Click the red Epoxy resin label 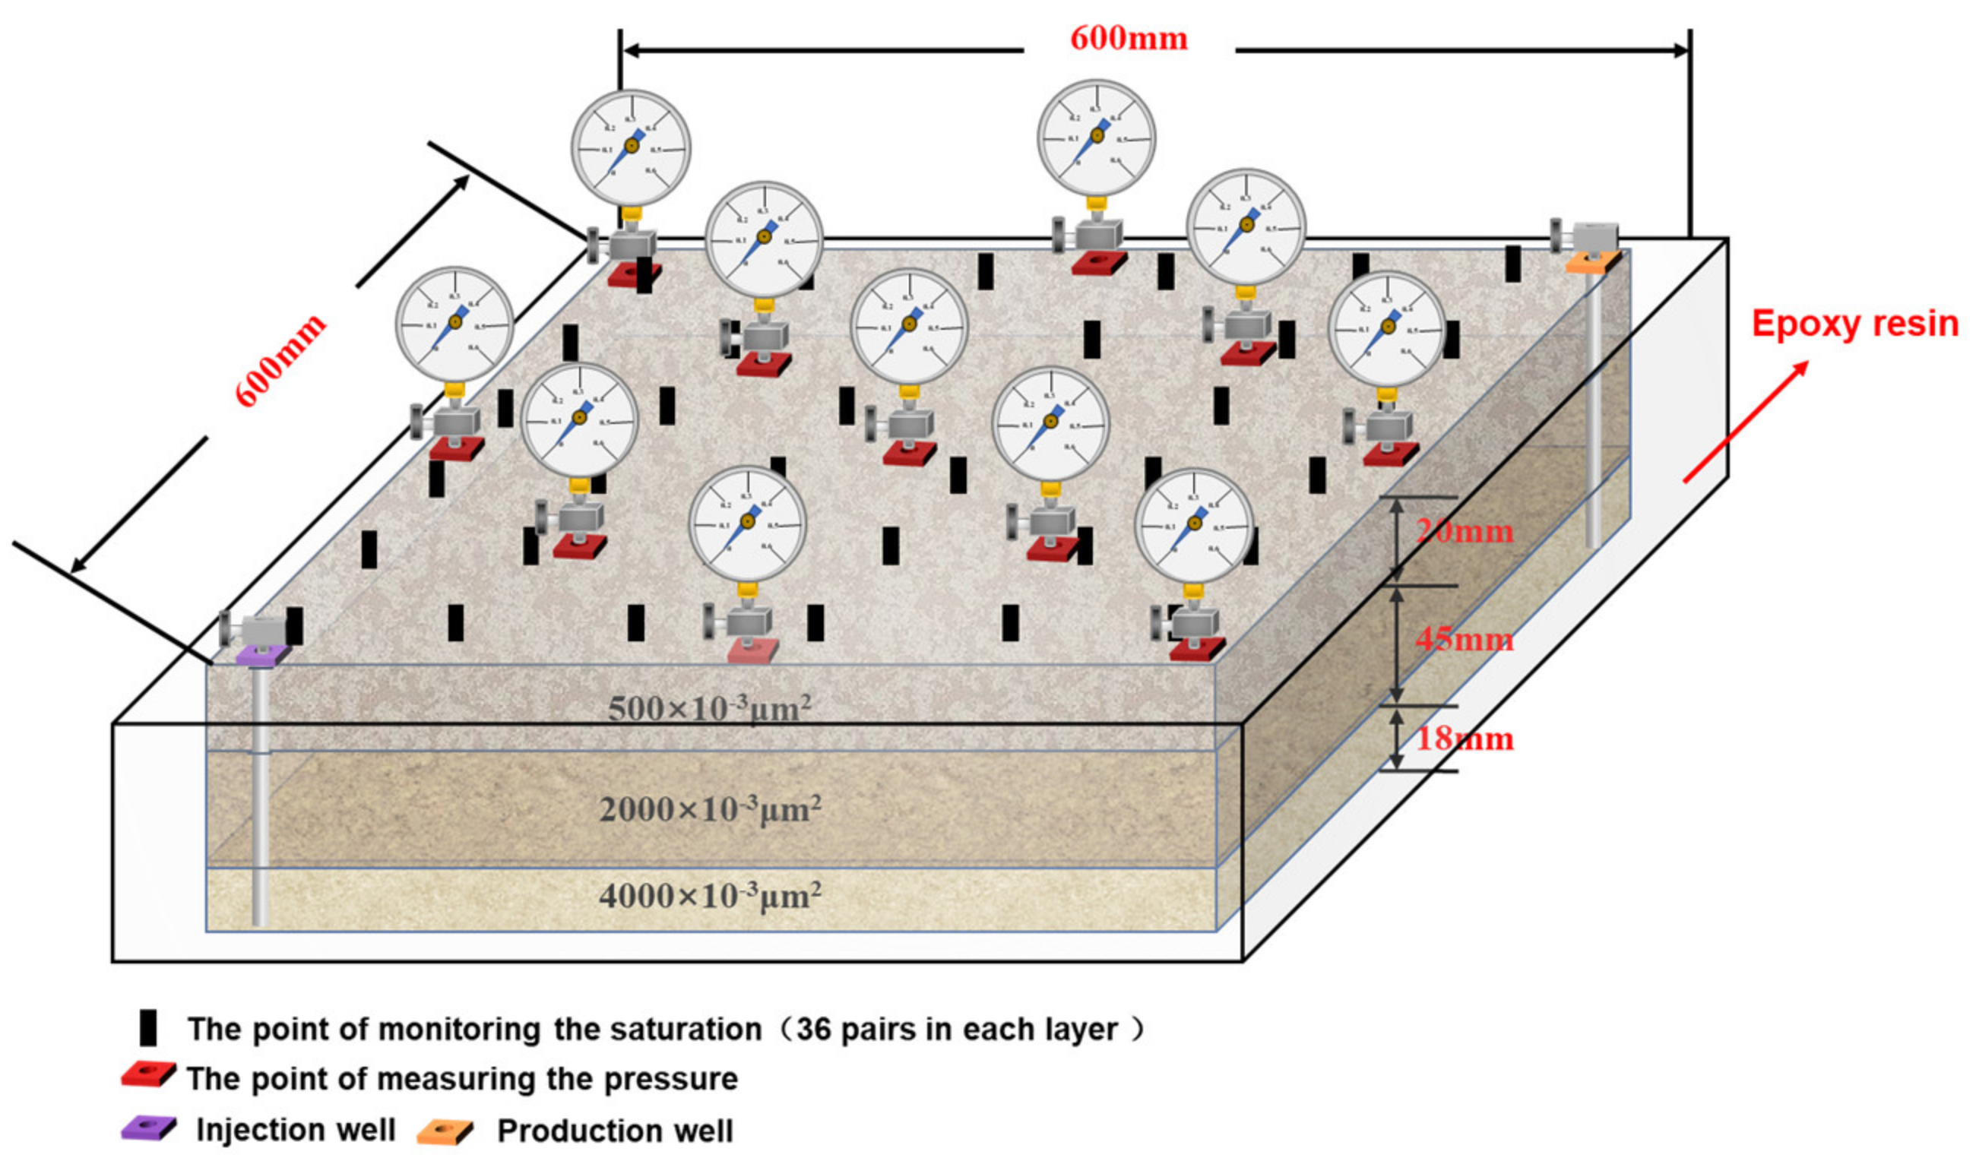click(1854, 324)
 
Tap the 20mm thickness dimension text click(1464, 533)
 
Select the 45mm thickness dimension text click(1464, 640)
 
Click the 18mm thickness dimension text click(1464, 739)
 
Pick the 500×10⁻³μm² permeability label click(709, 709)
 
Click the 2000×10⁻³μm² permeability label click(711, 809)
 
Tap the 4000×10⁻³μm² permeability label click(711, 895)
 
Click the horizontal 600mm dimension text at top click(1129, 39)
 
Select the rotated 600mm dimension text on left click(280, 360)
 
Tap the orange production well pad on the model click(1592, 262)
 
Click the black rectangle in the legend click(147, 1028)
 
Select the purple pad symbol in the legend click(148, 1128)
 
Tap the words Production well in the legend click(615, 1131)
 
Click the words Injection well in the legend click(296, 1130)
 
